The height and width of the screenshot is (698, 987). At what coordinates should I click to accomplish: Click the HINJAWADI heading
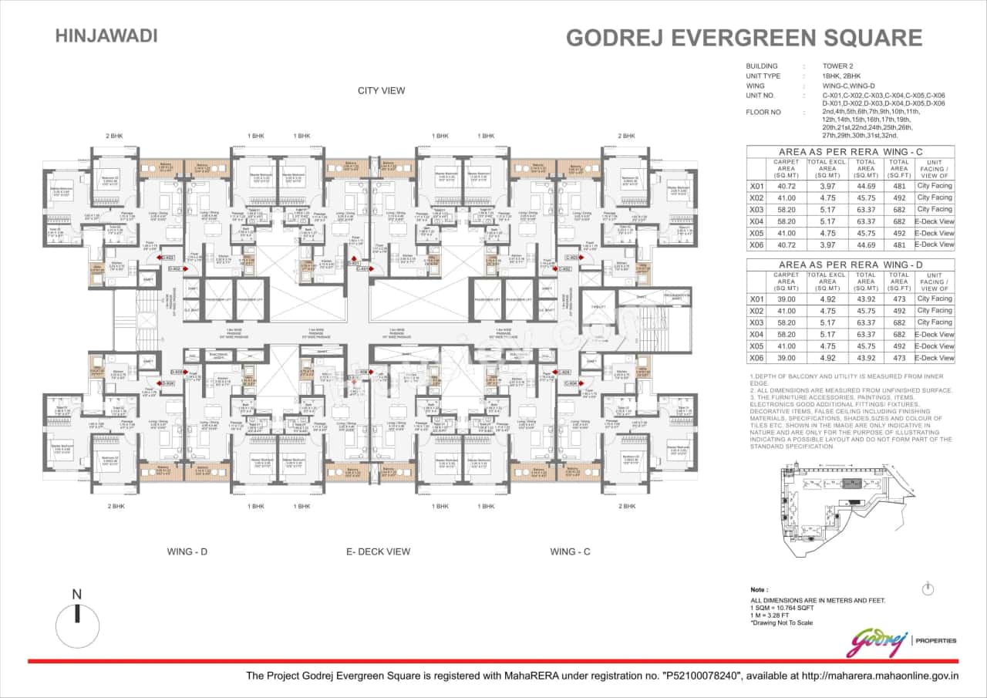(x=106, y=35)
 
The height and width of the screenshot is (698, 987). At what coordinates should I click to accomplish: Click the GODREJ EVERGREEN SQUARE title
(x=744, y=38)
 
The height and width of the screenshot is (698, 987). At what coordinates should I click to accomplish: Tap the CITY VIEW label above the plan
(x=381, y=91)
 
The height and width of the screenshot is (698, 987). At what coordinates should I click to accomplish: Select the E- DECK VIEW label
(x=378, y=551)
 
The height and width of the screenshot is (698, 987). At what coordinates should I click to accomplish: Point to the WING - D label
(x=187, y=551)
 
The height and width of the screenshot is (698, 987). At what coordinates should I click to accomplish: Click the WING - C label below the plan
(x=571, y=551)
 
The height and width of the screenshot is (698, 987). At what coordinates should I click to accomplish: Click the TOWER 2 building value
(x=840, y=66)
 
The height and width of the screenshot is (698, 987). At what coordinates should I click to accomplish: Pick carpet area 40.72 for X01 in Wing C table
(x=786, y=186)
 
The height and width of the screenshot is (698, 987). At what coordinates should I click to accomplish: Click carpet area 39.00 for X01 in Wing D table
(x=786, y=298)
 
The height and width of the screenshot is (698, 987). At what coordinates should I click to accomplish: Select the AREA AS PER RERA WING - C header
(x=850, y=152)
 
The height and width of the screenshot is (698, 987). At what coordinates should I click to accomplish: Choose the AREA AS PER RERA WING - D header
(x=850, y=265)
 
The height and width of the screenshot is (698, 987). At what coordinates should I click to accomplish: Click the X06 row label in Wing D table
(x=756, y=358)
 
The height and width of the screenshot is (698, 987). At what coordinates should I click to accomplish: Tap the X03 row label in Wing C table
(x=756, y=209)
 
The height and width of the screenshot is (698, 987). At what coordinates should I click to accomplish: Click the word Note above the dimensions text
(x=759, y=589)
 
